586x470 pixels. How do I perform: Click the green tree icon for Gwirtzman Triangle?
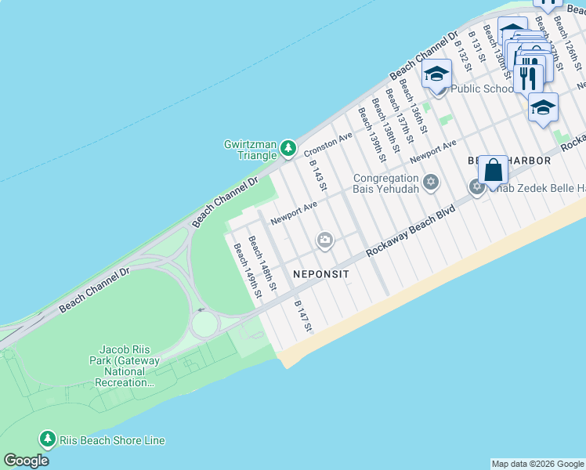point(289,147)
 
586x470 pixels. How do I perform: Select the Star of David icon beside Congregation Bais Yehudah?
point(430,183)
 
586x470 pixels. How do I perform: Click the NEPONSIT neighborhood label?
point(320,274)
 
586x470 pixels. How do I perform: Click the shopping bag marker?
point(493,169)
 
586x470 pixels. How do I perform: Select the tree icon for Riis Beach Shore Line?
point(47,439)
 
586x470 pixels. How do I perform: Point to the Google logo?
point(26,461)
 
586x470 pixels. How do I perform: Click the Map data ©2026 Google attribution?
point(537,464)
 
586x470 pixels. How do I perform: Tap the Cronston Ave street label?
point(328,143)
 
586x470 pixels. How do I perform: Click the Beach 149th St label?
point(247,270)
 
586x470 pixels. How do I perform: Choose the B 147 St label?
point(302,316)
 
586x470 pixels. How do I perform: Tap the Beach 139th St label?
point(371,135)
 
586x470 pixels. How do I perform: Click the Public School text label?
point(482,89)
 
